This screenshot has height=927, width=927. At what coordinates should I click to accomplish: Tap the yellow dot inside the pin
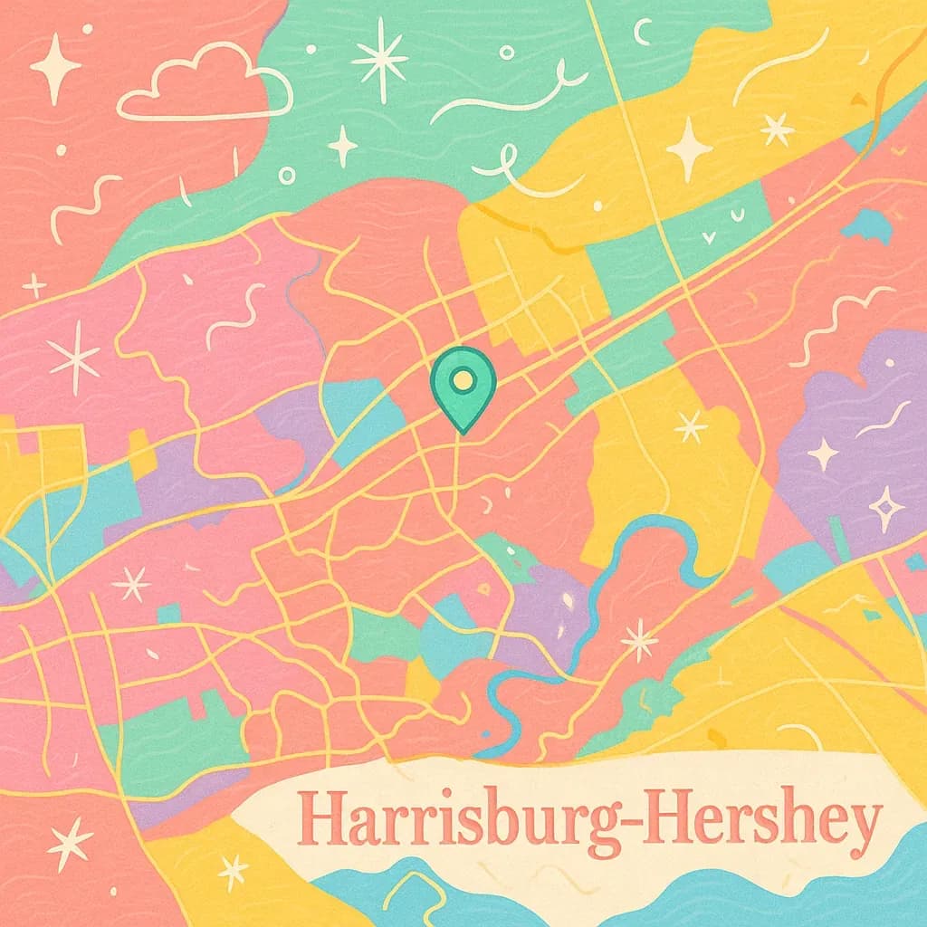tap(463, 380)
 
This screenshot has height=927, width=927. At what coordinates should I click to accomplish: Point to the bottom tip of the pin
tap(463, 432)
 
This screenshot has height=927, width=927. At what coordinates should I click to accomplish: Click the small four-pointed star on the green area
tap(343, 145)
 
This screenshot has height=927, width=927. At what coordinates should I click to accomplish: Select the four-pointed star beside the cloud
tap(55, 68)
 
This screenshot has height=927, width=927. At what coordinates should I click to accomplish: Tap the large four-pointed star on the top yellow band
tap(690, 148)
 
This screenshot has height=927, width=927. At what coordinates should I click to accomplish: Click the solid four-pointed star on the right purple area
tap(824, 454)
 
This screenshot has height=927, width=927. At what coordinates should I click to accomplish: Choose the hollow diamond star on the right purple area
tap(886, 508)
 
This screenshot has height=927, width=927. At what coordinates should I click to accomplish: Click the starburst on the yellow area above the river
tap(691, 425)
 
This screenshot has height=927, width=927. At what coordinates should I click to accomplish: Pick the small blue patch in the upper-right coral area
tap(868, 225)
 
